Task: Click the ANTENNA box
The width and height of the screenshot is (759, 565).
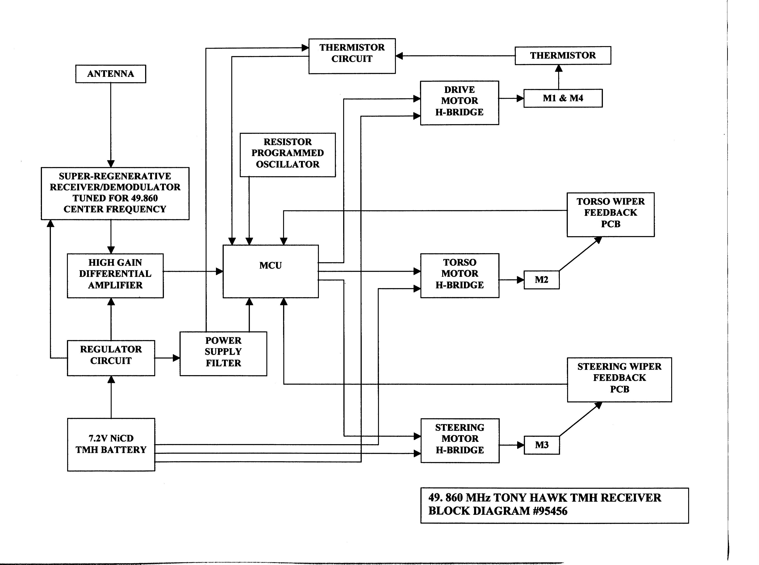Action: (x=110, y=74)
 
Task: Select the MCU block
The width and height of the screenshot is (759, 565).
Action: (x=270, y=271)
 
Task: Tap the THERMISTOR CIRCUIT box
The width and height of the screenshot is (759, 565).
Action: (x=352, y=56)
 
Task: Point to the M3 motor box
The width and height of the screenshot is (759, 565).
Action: (x=541, y=445)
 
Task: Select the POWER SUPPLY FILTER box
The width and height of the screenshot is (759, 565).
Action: (x=223, y=354)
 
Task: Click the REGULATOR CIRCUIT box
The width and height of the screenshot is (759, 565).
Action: (x=111, y=358)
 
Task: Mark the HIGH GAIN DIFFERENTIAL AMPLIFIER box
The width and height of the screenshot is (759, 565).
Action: (x=115, y=276)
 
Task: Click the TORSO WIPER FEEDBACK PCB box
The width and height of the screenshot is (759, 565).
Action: (x=611, y=214)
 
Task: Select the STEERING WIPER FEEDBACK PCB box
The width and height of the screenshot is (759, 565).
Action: (x=619, y=380)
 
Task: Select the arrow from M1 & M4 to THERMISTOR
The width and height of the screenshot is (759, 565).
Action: (x=559, y=77)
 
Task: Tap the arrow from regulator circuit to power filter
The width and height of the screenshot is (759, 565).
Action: (x=167, y=358)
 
